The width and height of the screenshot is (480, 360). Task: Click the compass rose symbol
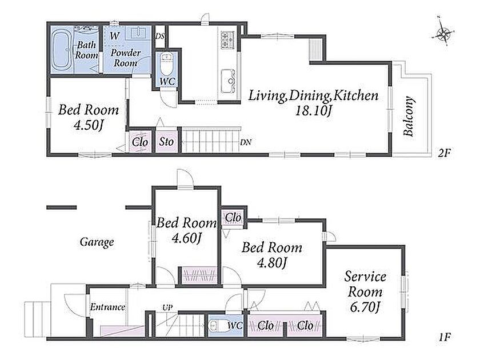[x=443, y=33]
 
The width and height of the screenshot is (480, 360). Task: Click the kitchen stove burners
[x=227, y=40]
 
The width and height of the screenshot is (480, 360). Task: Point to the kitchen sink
[x=228, y=81]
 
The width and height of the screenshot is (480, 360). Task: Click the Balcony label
[x=409, y=116]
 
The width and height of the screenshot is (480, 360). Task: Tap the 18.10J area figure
[x=313, y=110]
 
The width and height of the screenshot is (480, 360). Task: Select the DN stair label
[x=246, y=142]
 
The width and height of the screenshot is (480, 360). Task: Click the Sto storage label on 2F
[x=166, y=142]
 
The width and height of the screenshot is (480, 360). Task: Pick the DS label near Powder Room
[x=160, y=36]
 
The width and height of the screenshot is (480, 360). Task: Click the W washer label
[x=114, y=36]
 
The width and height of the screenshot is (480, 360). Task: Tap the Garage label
[x=97, y=242]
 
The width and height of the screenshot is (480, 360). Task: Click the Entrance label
[x=107, y=307]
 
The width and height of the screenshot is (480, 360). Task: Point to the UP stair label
[x=167, y=307]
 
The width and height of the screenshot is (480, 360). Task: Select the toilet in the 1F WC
[x=216, y=325]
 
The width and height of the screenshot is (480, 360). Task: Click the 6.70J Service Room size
[x=365, y=307]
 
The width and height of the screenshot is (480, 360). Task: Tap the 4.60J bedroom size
[x=186, y=238]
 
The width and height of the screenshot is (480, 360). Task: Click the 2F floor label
[x=444, y=153]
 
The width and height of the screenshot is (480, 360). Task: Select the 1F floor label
[x=444, y=337]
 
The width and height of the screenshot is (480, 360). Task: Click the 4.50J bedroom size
[x=89, y=125]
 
